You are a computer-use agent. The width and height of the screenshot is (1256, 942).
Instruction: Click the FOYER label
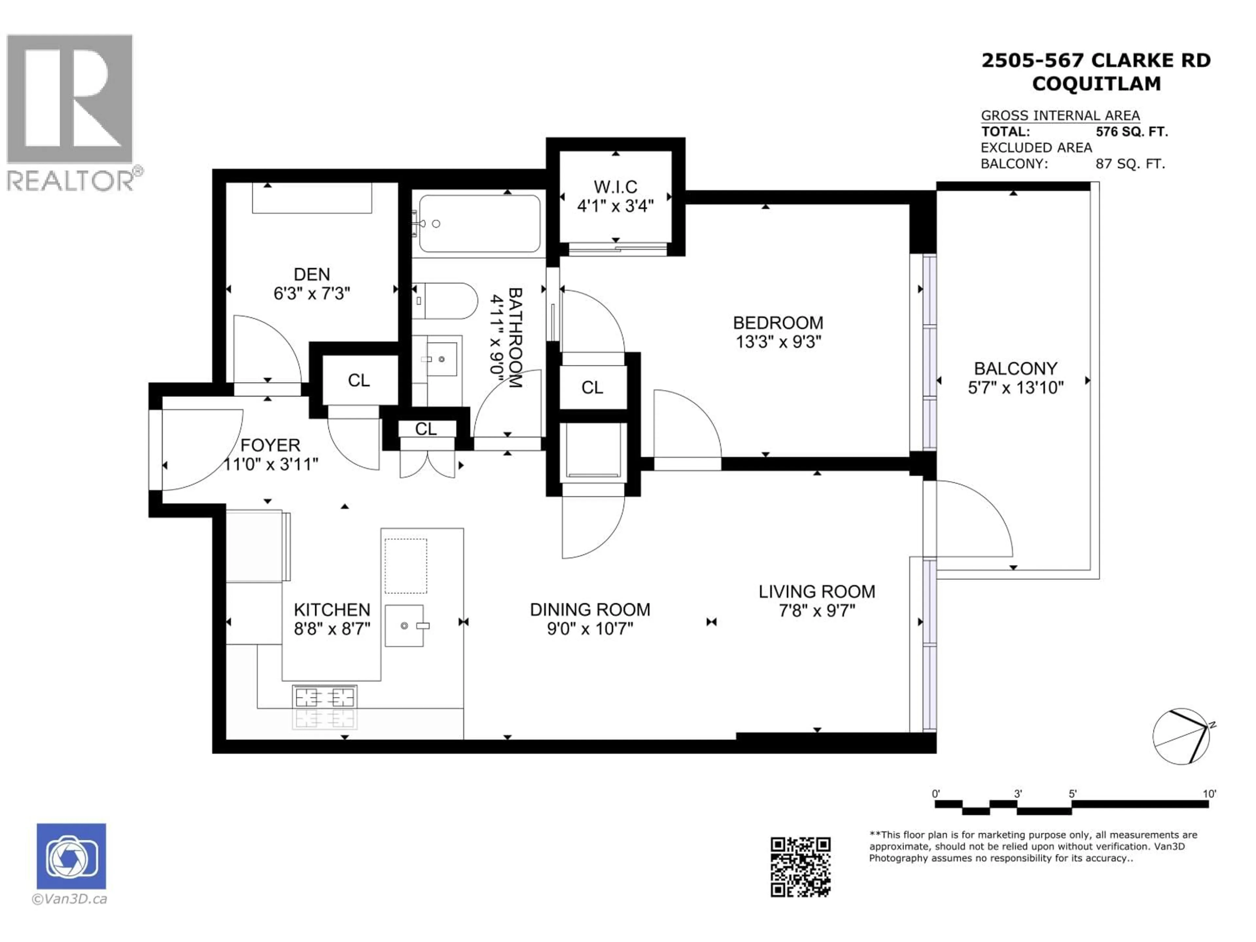click(270, 445)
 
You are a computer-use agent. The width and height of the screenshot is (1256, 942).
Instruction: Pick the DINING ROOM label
click(590, 609)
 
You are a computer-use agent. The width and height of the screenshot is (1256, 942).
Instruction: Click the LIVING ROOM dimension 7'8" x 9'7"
click(816, 611)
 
